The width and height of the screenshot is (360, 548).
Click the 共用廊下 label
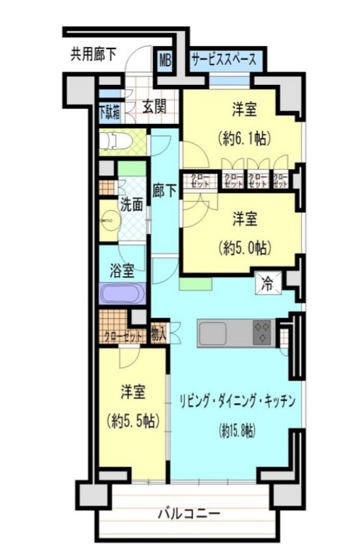pyautogui.click(x=93, y=54)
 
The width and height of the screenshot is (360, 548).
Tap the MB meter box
pyautogui.click(x=166, y=60)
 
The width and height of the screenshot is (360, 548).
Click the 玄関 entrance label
pyautogui.click(x=154, y=106)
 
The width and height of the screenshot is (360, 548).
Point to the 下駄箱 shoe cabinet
pyautogui.click(x=110, y=112)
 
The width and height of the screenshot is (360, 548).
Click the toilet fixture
pyautogui.click(x=116, y=142)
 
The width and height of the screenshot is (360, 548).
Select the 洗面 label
pyautogui.click(x=132, y=204)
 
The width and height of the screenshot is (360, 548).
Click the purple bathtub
pyautogui.click(x=122, y=293)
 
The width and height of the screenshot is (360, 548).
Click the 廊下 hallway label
pyautogui.click(x=164, y=191)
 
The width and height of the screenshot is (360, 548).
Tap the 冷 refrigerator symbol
pyautogui.click(x=268, y=282)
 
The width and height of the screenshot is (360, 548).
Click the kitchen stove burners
pyautogui.click(x=262, y=332)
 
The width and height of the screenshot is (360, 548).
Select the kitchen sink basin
pyautogui.click(x=212, y=333)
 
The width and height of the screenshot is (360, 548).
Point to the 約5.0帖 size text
pyautogui.click(x=245, y=247)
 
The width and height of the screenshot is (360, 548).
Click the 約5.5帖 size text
pyautogui.click(x=133, y=420)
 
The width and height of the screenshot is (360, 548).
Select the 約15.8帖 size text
pyautogui.click(x=237, y=430)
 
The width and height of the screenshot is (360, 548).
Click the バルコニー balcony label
pyautogui.click(x=189, y=514)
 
